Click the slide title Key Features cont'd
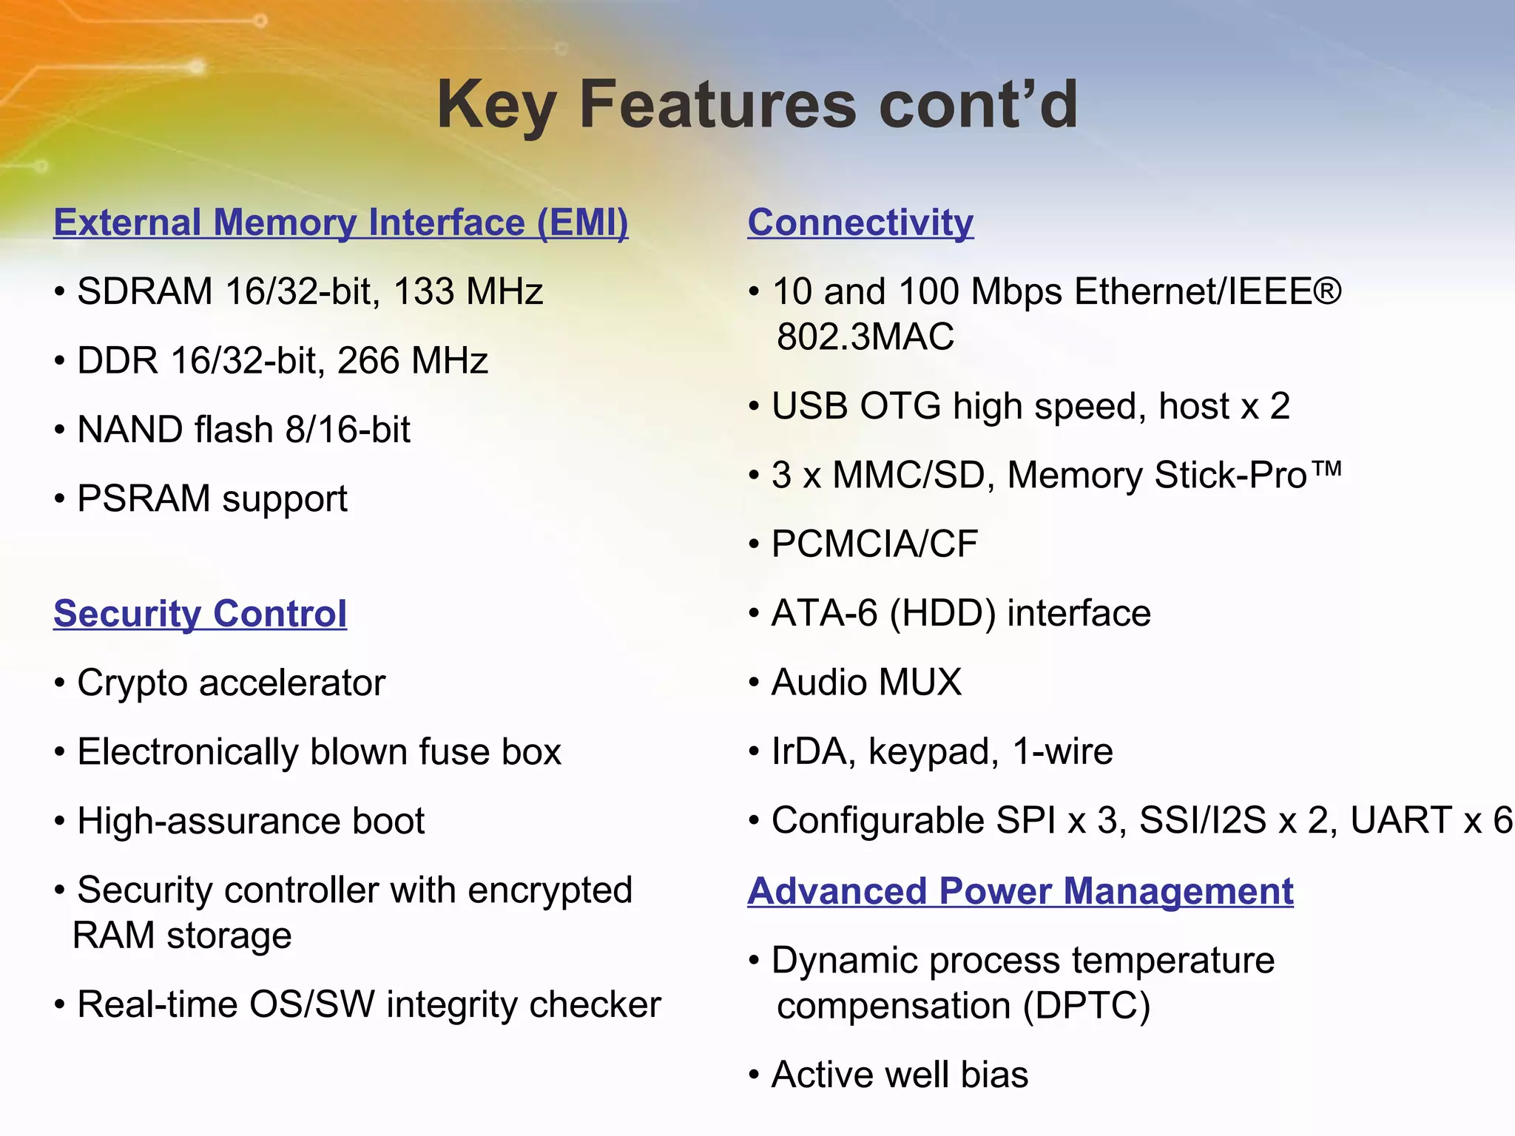[x=757, y=105]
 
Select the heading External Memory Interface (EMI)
[x=341, y=223]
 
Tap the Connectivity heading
[x=860, y=223]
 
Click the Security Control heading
[x=200, y=614]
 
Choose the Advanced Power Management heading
[x=1020, y=891]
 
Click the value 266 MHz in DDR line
[x=413, y=361]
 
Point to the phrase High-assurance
[x=208, y=821]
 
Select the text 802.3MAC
[x=865, y=337]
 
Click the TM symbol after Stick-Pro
[x=1329, y=469]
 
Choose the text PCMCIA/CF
[x=874, y=544]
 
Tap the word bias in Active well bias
[x=994, y=1075]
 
